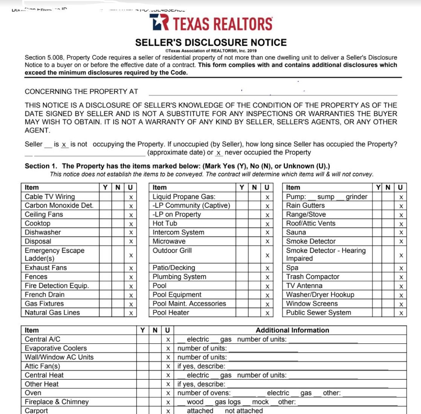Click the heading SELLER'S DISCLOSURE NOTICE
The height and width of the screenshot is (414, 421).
click(x=210, y=42)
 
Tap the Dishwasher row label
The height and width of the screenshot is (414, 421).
click(x=42, y=232)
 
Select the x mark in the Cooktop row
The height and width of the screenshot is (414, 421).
click(x=131, y=224)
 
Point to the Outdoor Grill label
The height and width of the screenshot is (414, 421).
click(x=172, y=250)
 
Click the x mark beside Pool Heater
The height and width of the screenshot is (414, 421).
click(x=267, y=313)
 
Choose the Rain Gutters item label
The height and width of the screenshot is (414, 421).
click(x=305, y=205)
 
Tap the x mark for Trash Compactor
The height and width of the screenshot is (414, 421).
click(x=401, y=277)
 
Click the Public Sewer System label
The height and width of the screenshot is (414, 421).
click(x=318, y=313)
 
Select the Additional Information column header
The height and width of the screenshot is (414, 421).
click(x=292, y=330)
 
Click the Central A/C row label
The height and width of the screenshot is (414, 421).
click(x=42, y=339)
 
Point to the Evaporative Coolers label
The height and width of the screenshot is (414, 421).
click(x=56, y=348)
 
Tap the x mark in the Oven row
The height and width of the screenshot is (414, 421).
click(x=168, y=393)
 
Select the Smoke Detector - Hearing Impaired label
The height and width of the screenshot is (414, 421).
click(x=325, y=254)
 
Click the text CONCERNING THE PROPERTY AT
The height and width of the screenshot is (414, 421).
click(x=81, y=92)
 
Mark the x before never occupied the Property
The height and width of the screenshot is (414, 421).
click(x=219, y=153)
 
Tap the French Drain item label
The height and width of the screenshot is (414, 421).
click(x=44, y=295)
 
